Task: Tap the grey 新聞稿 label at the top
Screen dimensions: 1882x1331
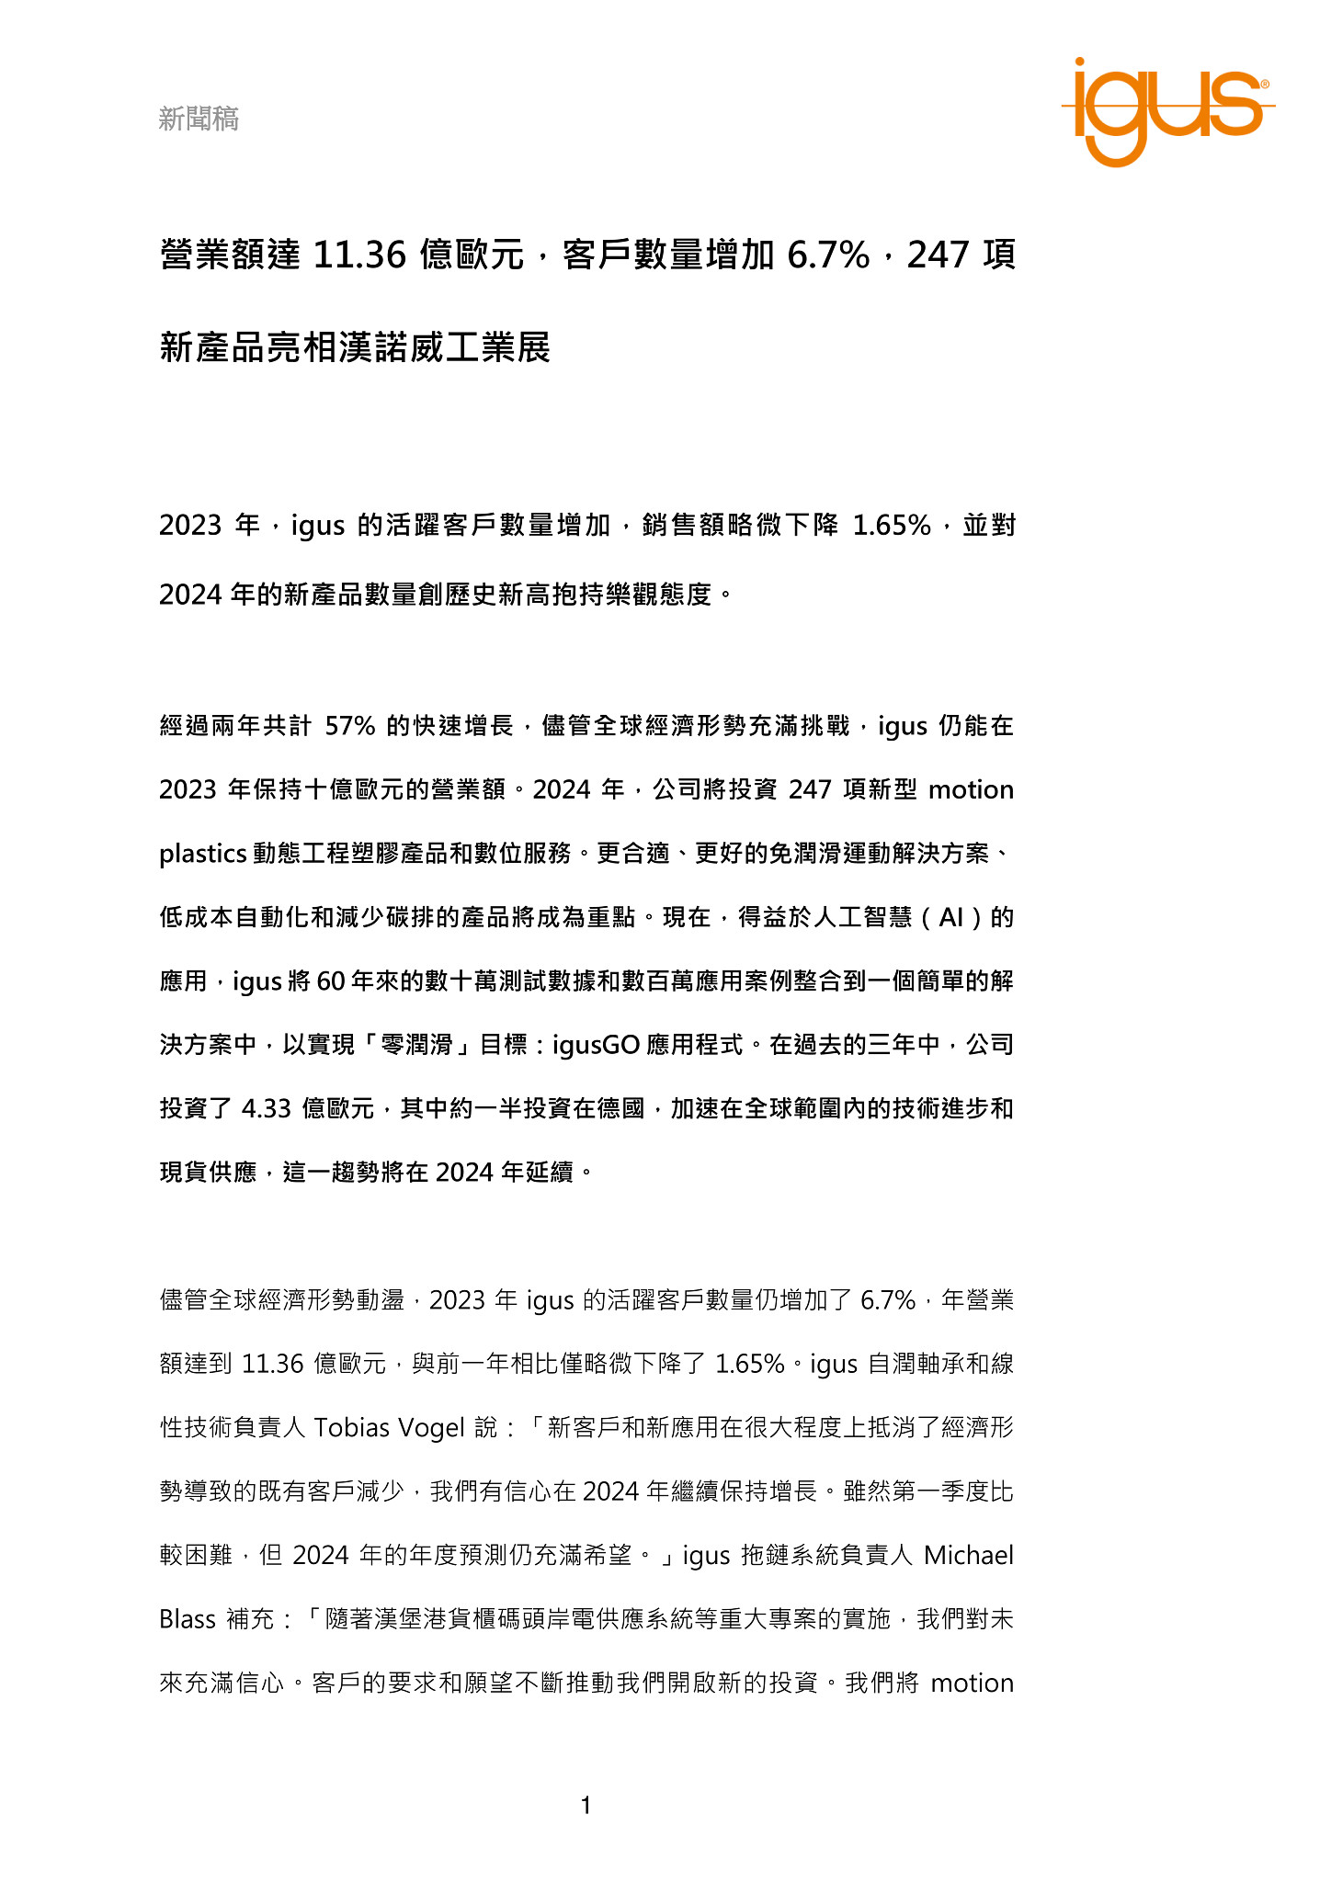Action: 199,119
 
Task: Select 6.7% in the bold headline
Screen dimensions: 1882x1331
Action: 827,255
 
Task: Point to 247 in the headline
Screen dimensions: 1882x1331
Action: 938,255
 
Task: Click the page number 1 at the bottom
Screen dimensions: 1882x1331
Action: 586,1806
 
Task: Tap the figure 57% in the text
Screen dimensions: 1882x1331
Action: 350,726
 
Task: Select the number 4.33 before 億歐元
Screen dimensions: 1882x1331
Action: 266,1108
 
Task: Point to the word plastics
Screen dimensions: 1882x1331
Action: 202,854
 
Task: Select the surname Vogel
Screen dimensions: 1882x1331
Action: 434,1427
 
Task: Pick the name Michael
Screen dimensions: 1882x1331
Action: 968,1555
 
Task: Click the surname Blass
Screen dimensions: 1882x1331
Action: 188,1618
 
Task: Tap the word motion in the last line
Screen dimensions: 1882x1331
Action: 972,1683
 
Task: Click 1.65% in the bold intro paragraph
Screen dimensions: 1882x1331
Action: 892,525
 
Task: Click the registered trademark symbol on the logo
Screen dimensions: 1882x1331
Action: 1265,84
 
